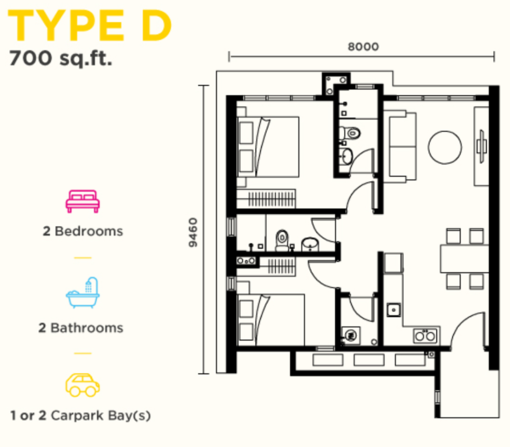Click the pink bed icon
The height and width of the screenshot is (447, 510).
(82, 201)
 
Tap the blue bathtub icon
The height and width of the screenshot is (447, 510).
(82, 292)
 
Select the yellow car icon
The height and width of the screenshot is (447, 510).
(82, 385)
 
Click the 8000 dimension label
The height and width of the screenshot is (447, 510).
(363, 47)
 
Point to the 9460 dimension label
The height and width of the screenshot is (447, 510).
(193, 233)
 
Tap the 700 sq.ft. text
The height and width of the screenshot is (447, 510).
(61, 59)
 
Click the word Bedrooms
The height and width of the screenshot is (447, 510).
(88, 231)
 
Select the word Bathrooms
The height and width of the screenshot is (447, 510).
(87, 328)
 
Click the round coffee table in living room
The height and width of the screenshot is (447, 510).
(445, 147)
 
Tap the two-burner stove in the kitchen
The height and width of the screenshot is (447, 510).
(426, 336)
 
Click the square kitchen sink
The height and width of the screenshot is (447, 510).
(394, 310)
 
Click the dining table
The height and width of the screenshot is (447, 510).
(464, 258)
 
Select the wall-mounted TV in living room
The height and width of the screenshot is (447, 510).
(481, 146)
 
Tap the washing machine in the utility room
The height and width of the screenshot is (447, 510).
(350, 335)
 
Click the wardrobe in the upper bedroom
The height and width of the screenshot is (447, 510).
(266, 198)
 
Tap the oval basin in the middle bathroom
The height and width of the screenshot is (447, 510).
(310, 244)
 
